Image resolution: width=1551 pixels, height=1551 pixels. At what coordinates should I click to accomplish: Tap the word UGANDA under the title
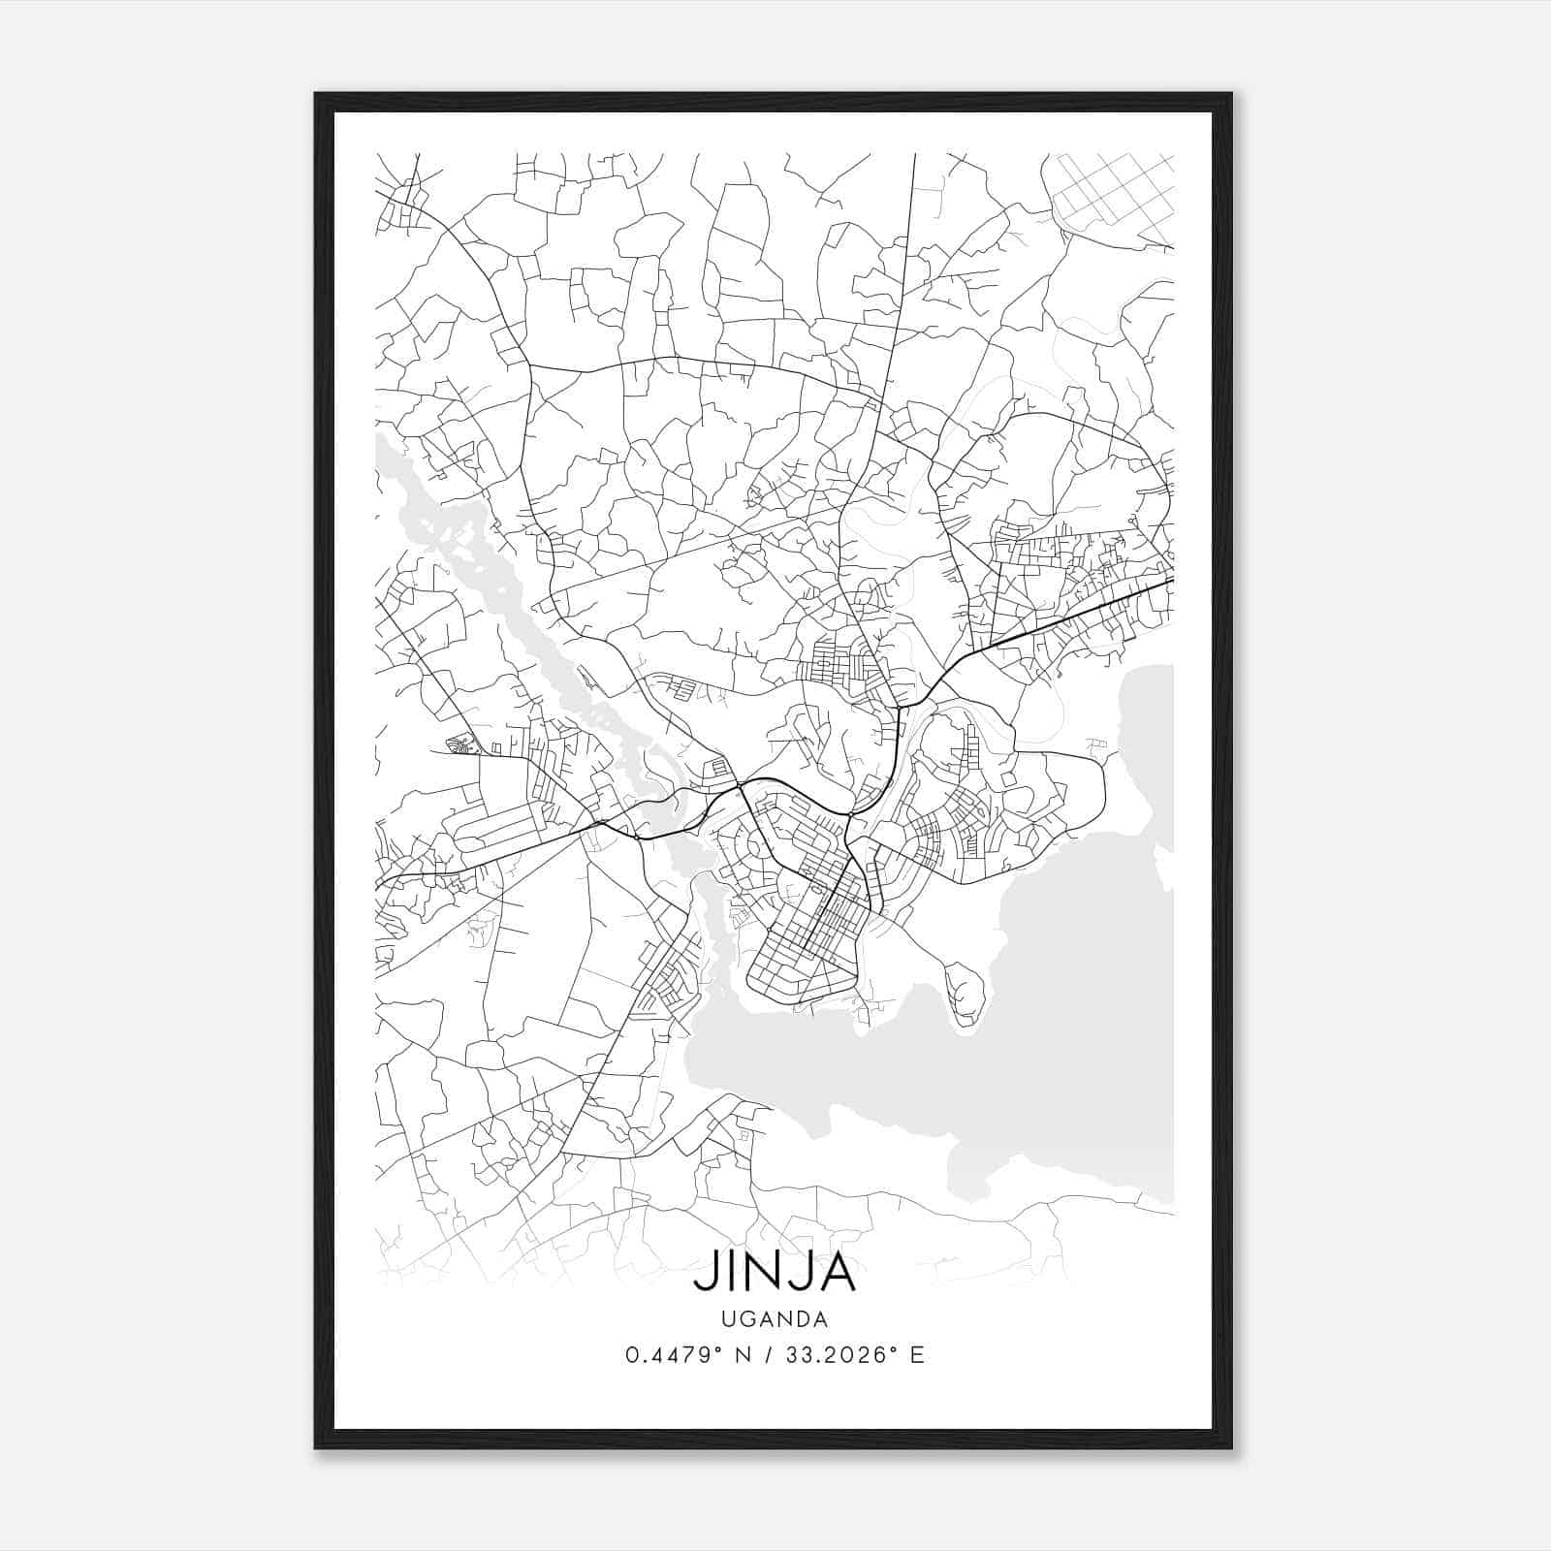pyautogui.click(x=775, y=1319)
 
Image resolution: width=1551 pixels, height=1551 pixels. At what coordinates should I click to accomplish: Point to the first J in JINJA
pyautogui.click(x=702, y=1272)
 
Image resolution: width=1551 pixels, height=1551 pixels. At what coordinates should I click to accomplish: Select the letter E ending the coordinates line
pyautogui.click(x=917, y=1355)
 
